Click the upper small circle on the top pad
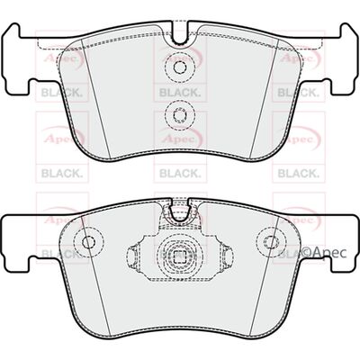point(180,67)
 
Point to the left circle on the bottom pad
point(89,241)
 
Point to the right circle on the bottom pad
point(271,241)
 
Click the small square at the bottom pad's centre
point(180,257)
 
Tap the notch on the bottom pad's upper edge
point(180,212)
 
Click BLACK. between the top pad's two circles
point(179,92)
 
